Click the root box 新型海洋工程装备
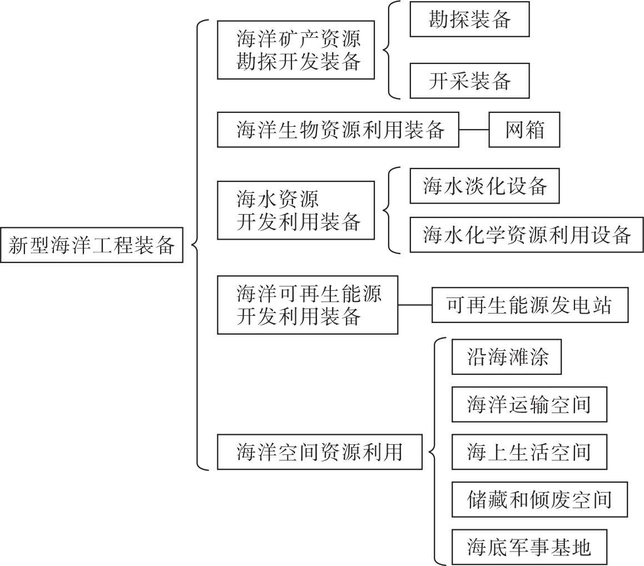click(x=92, y=245)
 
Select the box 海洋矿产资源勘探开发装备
click(x=295, y=50)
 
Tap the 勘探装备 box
click(x=469, y=21)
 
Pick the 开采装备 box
click(x=469, y=81)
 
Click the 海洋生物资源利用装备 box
click(x=338, y=131)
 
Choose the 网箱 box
click(x=524, y=131)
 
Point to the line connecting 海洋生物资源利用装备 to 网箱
click(x=474, y=131)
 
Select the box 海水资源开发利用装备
click(x=295, y=210)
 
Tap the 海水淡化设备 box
click(x=484, y=186)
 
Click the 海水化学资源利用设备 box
click(x=526, y=236)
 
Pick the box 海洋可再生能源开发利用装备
click(x=307, y=305)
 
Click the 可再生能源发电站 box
click(x=529, y=305)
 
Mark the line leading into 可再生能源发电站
click(x=415, y=305)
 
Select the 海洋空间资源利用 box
click(x=319, y=452)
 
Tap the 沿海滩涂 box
click(x=506, y=358)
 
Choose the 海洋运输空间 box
click(x=528, y=405)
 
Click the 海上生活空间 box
click(x=528, y=452)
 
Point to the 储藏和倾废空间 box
click(x=539, y=499)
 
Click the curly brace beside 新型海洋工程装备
click(x=198, y=245)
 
